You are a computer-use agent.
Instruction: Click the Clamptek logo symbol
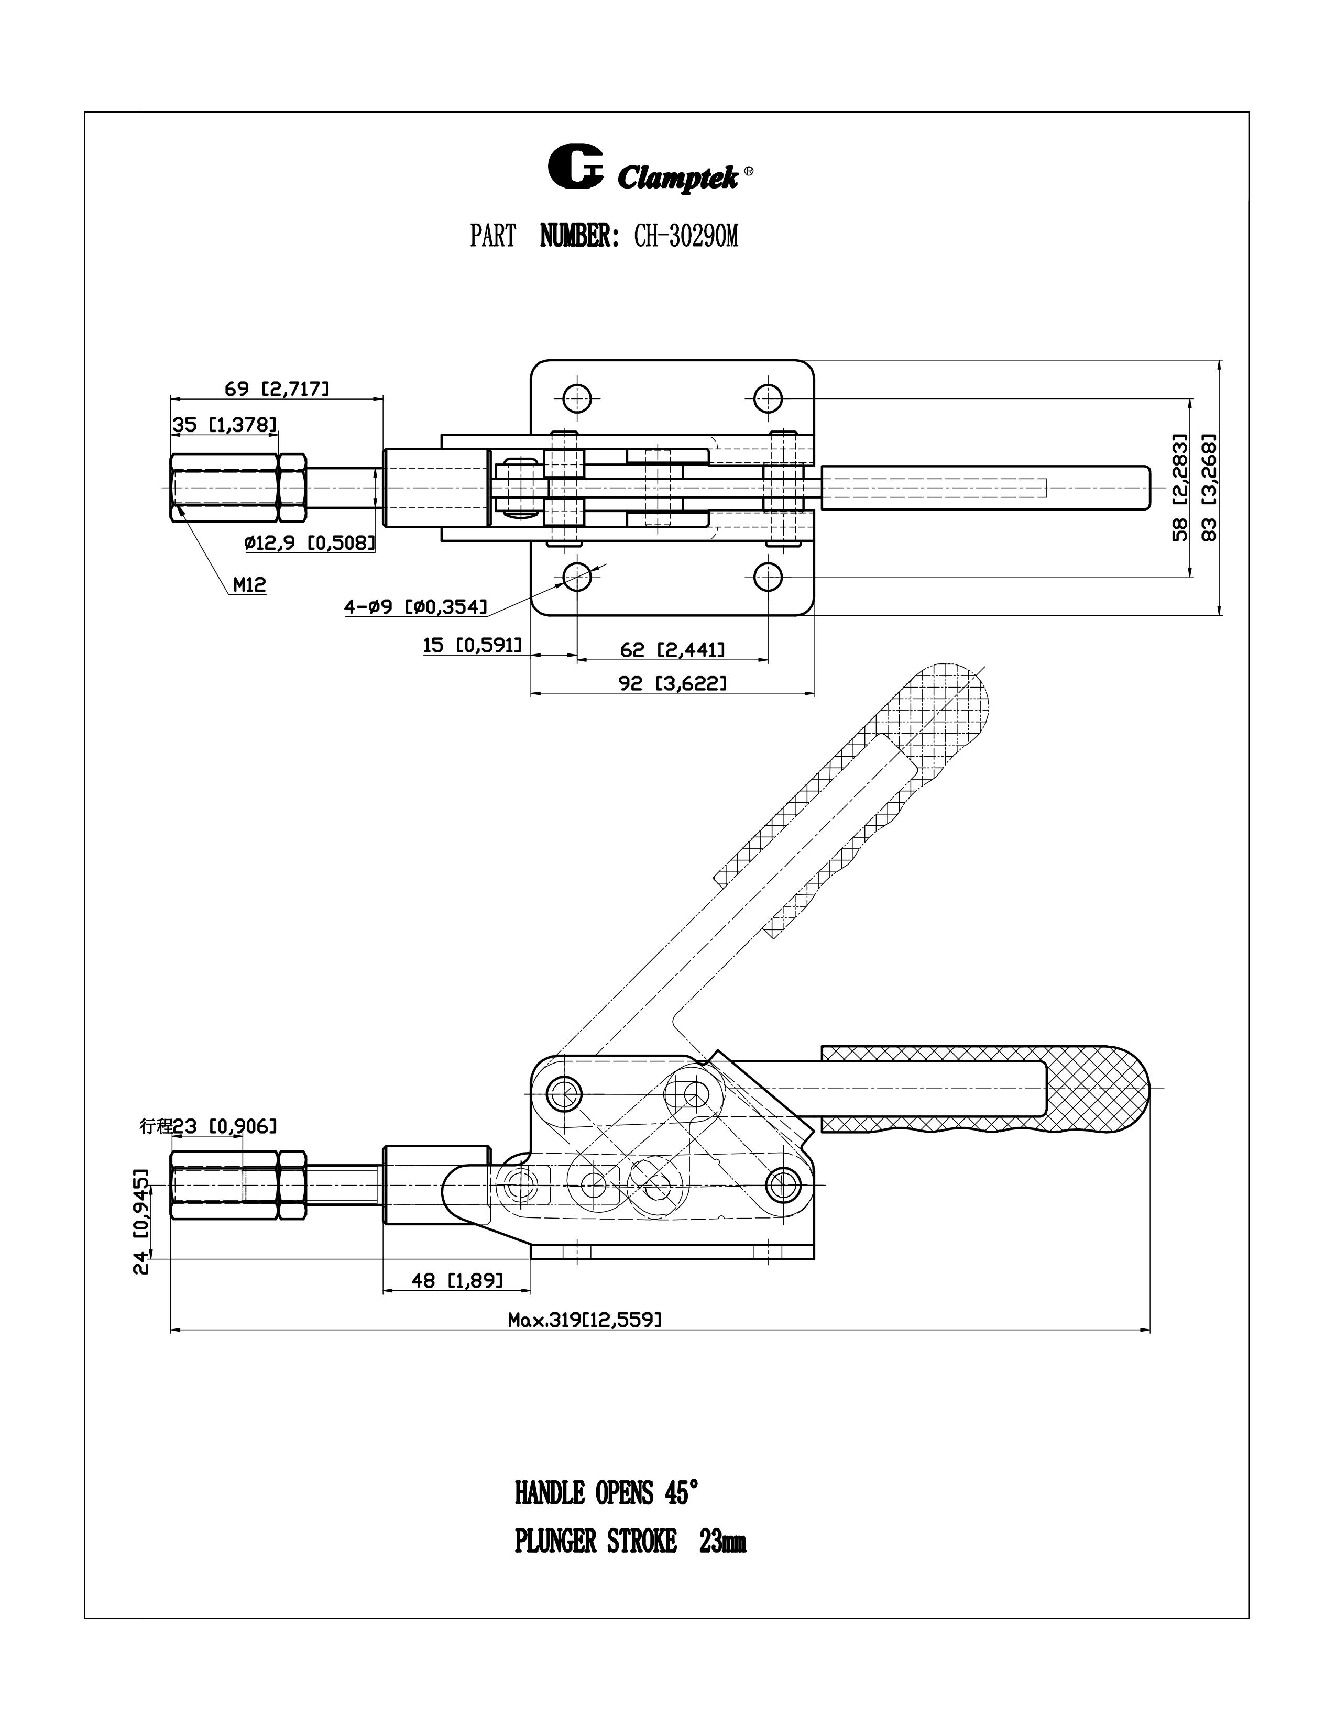click(575, 168)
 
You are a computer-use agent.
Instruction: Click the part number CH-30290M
click(685, 236)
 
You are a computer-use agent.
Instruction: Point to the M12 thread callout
click(249, 585)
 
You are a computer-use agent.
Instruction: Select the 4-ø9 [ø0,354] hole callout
click(415, 607)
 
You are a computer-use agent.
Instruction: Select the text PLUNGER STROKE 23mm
click(630, 1542)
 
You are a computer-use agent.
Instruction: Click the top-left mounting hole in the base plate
click(578, 397)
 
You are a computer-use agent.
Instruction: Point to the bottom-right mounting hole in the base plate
click(768, 577)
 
